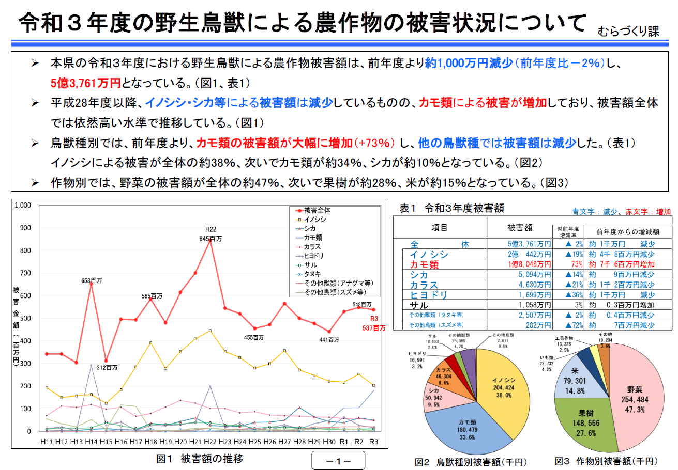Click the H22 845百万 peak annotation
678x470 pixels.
(210, 234)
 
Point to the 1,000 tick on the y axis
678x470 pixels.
(23, 205)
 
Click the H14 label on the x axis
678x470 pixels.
(91, 442)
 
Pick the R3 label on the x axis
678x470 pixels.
(373, 442)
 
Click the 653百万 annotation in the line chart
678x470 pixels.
(92, 280)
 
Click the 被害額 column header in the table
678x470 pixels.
(520, 228)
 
